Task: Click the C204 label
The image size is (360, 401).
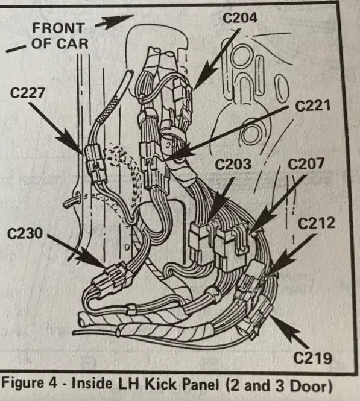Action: [239, 18]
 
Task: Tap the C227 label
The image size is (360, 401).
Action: [28, 93]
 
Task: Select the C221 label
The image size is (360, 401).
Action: [312, 106]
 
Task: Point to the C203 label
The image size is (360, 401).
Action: [233, 165]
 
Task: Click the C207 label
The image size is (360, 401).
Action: [306, 164]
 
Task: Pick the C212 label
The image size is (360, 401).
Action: [316, 223]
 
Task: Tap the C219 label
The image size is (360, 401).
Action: [312, 358]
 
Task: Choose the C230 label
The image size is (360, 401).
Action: [25, 233]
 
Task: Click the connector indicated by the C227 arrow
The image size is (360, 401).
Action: [96, 163]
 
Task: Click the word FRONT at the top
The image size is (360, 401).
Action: [58, 28]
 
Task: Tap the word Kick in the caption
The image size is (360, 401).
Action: [160, 384]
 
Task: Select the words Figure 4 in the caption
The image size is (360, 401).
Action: [30, 384]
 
